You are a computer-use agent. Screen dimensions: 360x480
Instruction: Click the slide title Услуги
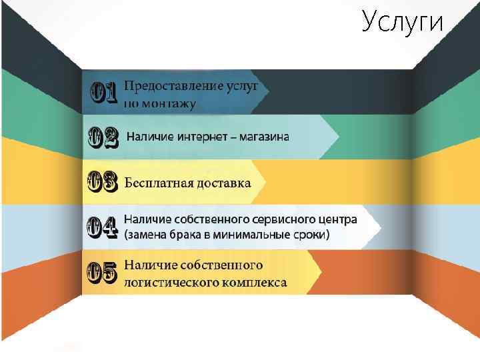pyautogui.click(x=403, y=22)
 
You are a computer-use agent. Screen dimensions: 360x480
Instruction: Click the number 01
pyautogui.click(x=104, y=93)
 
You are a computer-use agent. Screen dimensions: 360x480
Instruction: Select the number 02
pyautogui.click(x=104, y=137)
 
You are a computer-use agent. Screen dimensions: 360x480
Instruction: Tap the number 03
pyautogui.click(x=104, y=182)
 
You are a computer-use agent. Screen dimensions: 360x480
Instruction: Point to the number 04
pyautogui.click(x=104, y=227)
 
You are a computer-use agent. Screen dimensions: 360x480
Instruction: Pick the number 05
pyautogui.click(x=103, y=273)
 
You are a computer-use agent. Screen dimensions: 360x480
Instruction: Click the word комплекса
pyautogui.click(x=257, y=282)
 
